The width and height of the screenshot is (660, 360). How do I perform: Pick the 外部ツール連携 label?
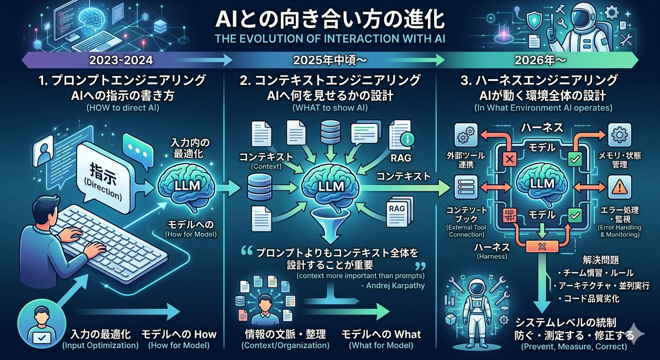[466, 159]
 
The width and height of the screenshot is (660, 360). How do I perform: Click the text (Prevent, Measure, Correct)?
[574, 347]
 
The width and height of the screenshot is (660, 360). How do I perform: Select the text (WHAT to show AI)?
[330, 108]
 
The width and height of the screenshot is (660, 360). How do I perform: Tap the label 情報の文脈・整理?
[285, 335]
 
